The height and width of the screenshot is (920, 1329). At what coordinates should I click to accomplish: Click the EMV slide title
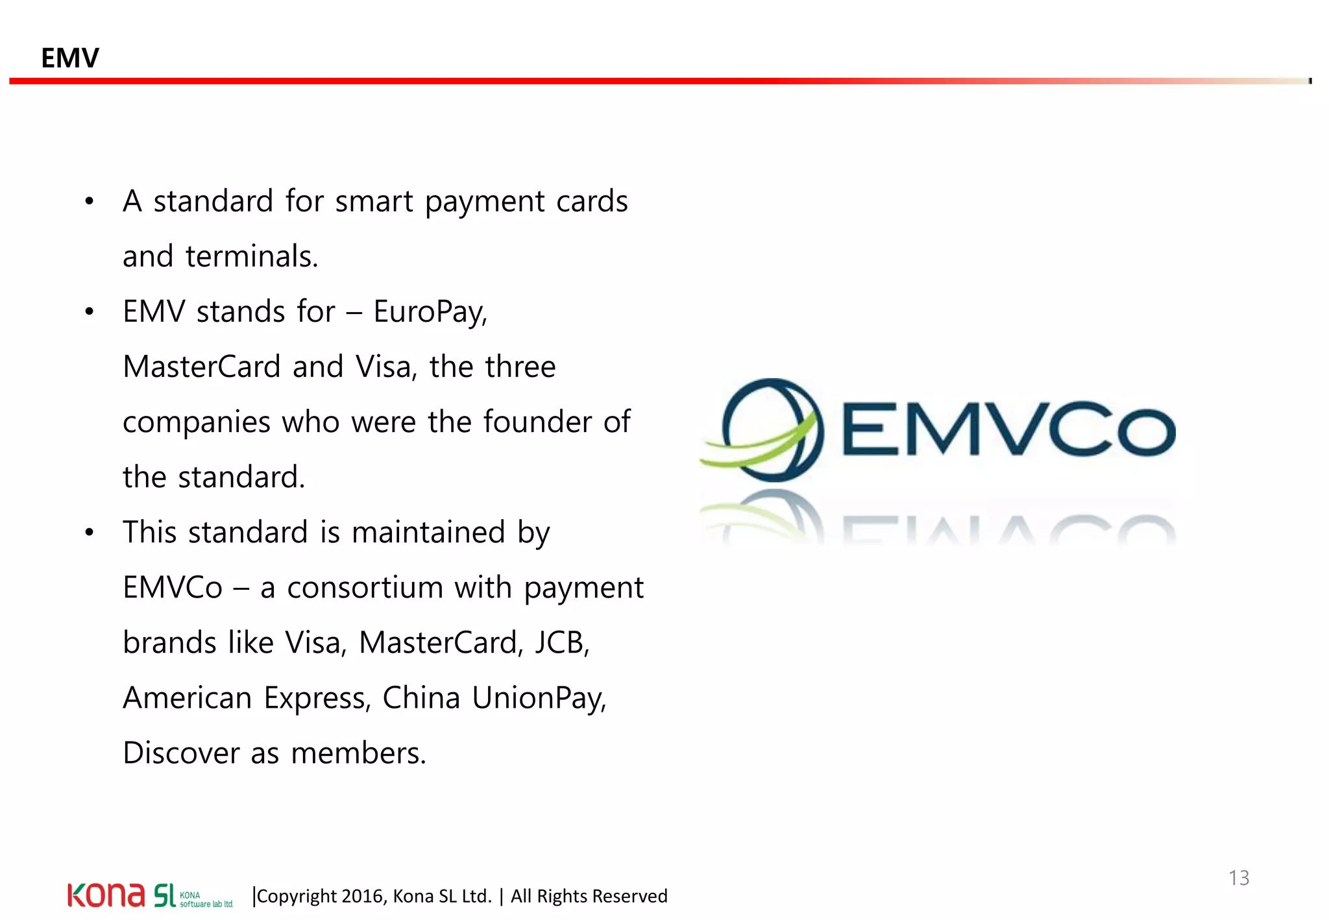(x=69, y=58)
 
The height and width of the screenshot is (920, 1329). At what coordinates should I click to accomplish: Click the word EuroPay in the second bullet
(x=430, y=312)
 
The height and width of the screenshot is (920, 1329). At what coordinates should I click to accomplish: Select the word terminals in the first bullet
(x=251, y=256)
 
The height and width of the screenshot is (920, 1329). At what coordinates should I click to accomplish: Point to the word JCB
(x=561, y=643)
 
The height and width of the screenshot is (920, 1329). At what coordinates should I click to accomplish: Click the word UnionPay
(x=539, y=699)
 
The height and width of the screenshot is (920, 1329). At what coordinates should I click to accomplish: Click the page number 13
(x=1238, y=878)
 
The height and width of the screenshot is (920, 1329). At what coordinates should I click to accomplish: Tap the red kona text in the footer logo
(x=106, y=895)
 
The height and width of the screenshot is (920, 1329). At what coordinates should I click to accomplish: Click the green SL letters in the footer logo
(x=164, y=895)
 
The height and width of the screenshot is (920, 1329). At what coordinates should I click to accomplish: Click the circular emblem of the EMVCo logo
(x=772, y=430)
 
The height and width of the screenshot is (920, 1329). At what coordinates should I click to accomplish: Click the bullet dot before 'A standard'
(x=90, y=201)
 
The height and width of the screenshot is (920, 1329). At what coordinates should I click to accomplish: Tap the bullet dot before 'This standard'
(x=90, y=533)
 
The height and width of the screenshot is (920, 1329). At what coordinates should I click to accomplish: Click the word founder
(x=537, y=422)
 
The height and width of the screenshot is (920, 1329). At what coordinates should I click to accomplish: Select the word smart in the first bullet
(x=374, y=201)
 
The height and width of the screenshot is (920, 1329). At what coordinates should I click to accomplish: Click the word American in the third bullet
(x=187, y=698)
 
